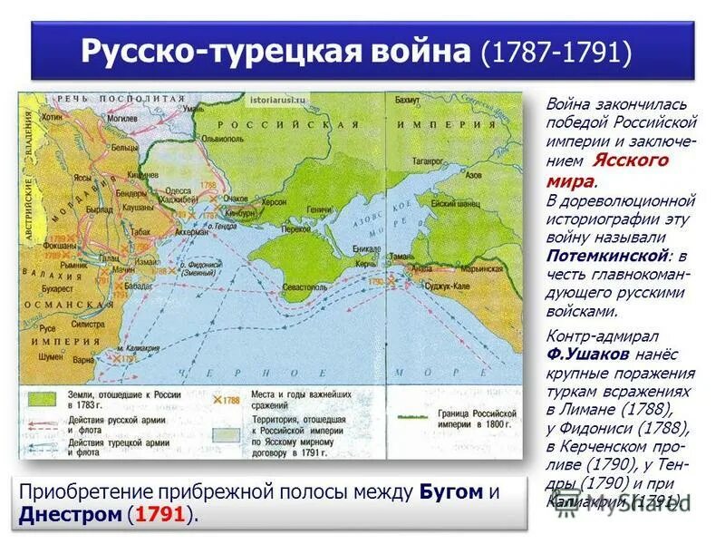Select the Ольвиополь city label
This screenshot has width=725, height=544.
(x=198, y=127)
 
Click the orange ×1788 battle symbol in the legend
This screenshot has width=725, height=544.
(x=216, y=399)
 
